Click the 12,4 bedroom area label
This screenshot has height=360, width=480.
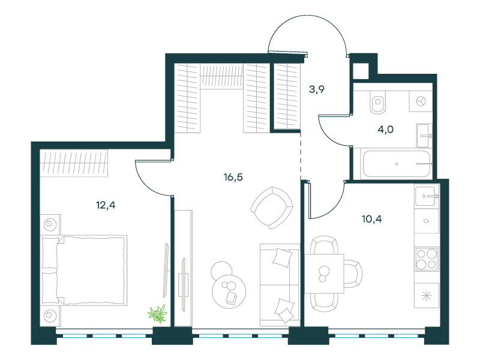tap(106, 205)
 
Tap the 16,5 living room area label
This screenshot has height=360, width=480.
tap(233, 177)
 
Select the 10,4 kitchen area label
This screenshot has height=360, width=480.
tap(371, 219)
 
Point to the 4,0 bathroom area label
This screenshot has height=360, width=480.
tap(385, 130)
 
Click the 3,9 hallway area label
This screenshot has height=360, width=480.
tap(317, 89)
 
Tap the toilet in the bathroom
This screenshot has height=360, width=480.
tap(378, 102)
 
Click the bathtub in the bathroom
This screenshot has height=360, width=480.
tap(397, 164)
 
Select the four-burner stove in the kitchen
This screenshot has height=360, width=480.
tap(427, 259)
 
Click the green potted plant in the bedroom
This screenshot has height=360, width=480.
tap(158, 314)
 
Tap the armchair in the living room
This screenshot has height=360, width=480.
tap(272, 208)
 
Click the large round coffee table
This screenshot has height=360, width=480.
tap(229, 291)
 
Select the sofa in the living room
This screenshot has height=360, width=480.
tap(280, 285)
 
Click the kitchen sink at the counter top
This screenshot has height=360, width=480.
tap(427, 196)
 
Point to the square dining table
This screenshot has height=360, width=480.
tap(324, 274)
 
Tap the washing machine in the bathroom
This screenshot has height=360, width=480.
tap(421, 101)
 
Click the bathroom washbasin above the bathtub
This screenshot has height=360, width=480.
tap(424, 136)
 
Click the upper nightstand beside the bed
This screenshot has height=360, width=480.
tap(50, 224)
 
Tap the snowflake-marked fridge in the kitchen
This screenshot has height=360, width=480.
tap(427, 295)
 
